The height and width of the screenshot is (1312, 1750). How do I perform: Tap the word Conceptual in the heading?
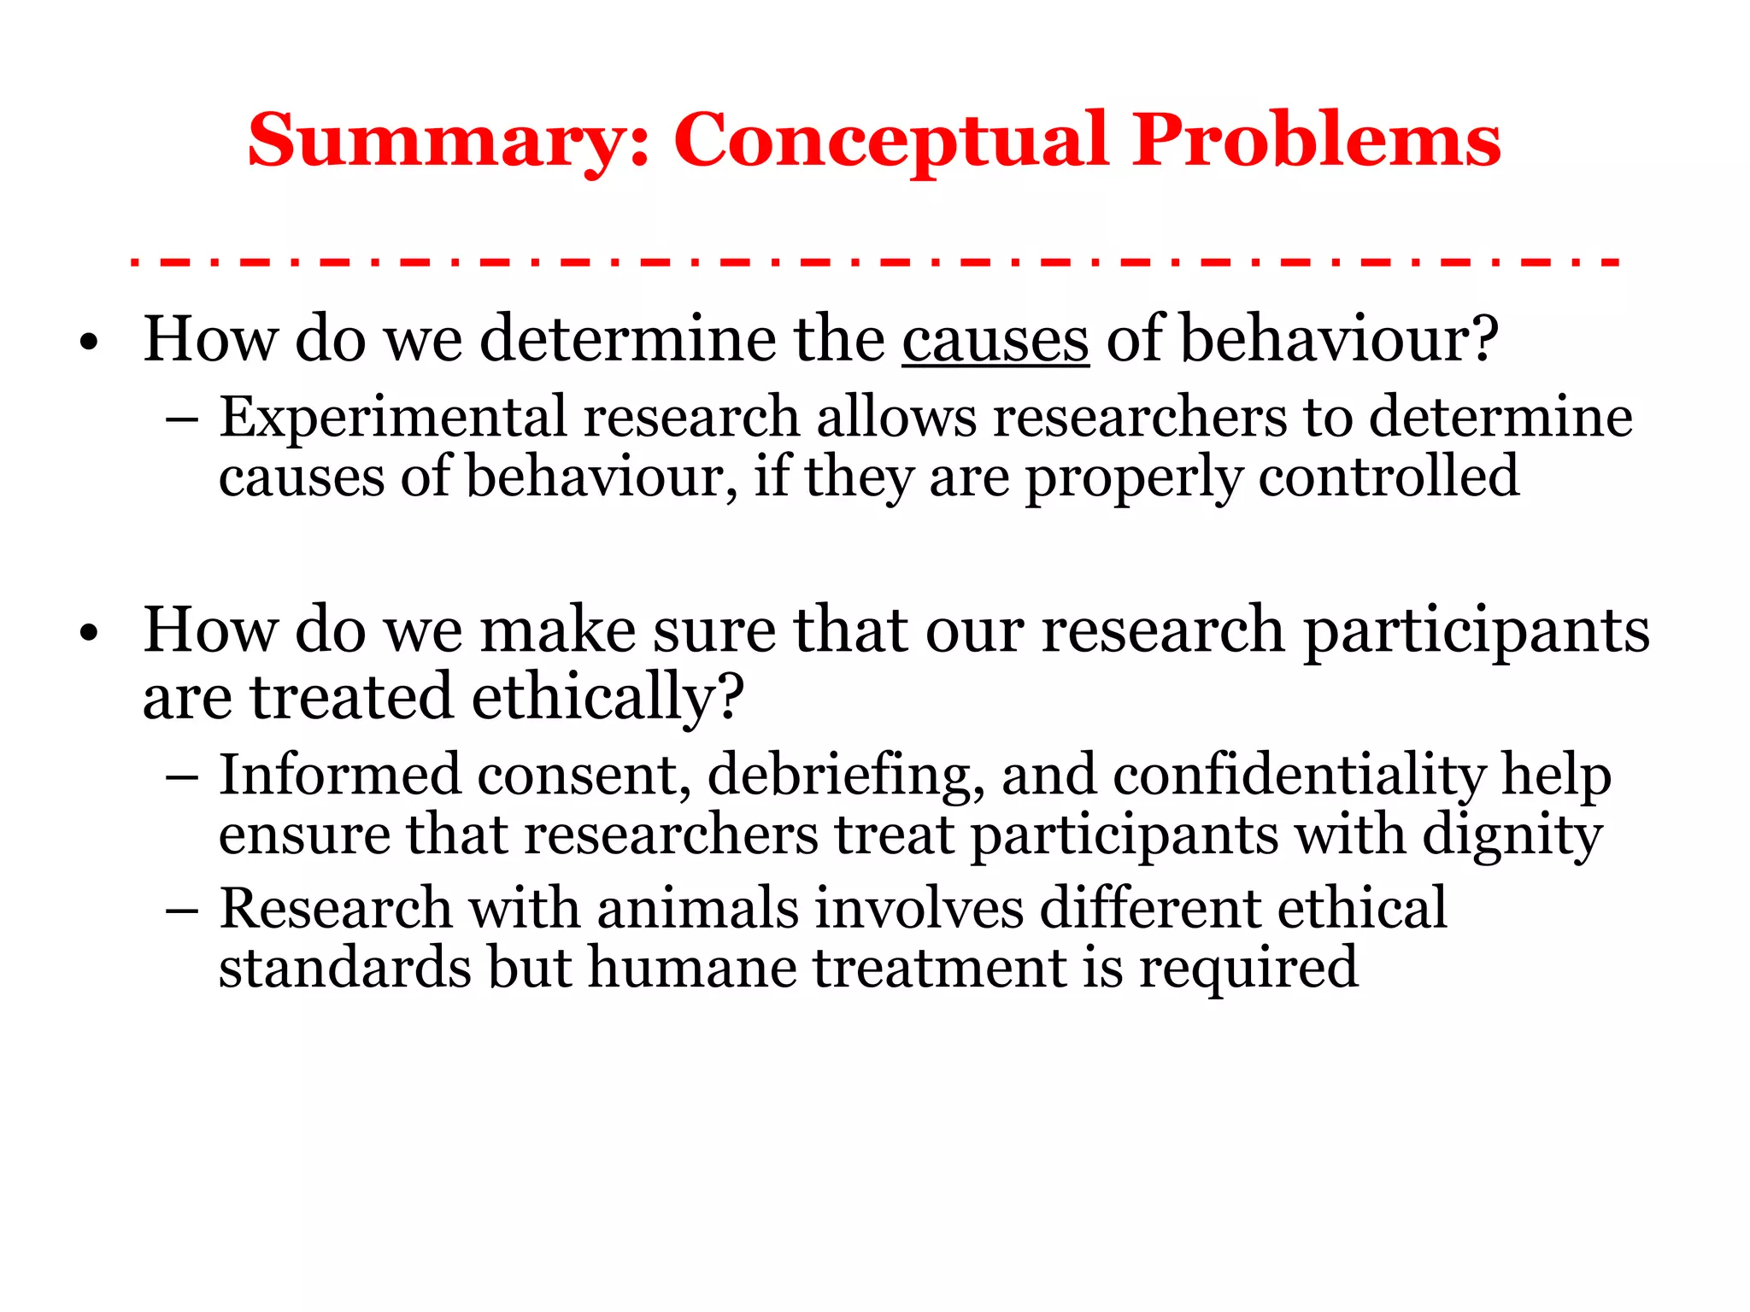(892, 141)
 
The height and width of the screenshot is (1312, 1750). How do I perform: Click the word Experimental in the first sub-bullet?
(392, 419)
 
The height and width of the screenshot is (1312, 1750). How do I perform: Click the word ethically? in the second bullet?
(608, 698)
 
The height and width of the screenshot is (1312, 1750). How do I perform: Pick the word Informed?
(340, 776)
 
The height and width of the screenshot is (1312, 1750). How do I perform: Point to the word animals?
(698, 908)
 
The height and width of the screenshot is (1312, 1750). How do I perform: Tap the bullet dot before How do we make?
(89, 635)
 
